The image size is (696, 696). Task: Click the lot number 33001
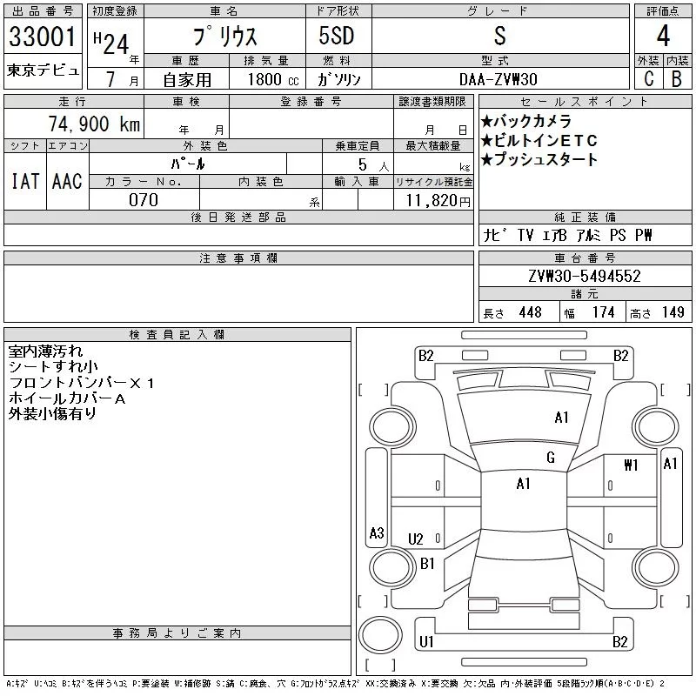(42, 38)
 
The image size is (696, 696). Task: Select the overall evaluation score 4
(663, 37)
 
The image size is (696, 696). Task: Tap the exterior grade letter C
(647, 78)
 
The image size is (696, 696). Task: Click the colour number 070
(144, 200)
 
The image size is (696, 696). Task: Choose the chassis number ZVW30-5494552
(584, 277)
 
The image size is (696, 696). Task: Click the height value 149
(672, 312)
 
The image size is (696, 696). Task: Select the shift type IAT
(24, 181)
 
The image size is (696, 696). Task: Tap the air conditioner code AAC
(67, 181)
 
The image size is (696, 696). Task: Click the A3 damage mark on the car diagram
(377, 533)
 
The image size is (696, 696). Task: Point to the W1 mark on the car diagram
(631, 465)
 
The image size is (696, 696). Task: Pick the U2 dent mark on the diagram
(415, 539)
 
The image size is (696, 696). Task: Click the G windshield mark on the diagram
(550, 458)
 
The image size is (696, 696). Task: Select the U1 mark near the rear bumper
(426, 642)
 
